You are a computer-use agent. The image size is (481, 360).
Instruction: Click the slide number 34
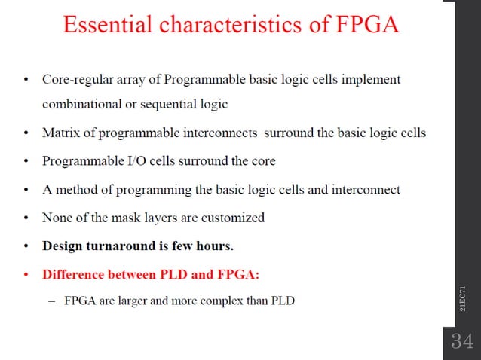(x=461, y=341)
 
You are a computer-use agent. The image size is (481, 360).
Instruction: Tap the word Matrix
(x=60, y=133)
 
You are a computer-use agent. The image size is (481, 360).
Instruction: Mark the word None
(x=57, y=218)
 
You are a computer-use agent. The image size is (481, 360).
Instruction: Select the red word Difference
(x=73, y=274)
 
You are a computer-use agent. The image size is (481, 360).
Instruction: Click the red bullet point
(x=26, y=275)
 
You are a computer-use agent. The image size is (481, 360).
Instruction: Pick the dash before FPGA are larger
(x=51, y=301)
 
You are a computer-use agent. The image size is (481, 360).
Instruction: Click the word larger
(x=142, y=302)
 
